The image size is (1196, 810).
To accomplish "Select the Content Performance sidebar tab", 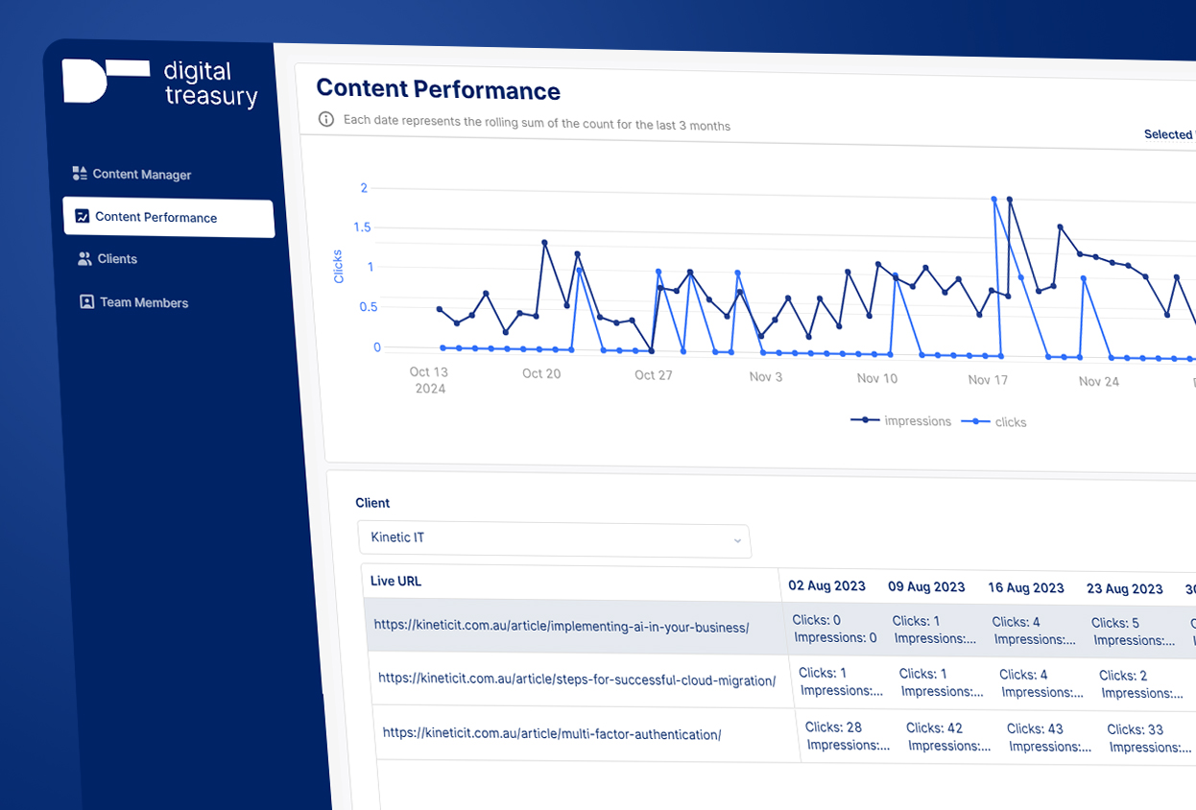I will point(155,217).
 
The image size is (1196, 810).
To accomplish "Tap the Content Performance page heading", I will point(438,90).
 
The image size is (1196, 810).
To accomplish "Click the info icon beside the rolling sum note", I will point(326,120).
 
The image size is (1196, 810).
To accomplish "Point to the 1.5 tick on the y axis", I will point(361,227).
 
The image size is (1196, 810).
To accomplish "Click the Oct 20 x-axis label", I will point(541,373).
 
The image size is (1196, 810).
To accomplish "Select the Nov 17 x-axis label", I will point(988,380).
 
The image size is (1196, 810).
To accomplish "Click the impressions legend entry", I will point(902,420).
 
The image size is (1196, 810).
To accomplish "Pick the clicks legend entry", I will point(999,422).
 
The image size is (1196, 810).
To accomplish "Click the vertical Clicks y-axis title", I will point(338,266).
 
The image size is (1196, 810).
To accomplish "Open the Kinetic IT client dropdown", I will point(554,538).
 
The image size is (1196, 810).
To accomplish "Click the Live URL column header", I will point(396,581).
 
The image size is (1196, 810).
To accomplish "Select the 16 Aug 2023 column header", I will point(1025,587).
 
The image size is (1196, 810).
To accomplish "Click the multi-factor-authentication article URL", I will point(552,734).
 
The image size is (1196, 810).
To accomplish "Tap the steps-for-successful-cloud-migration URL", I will point(577,679).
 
